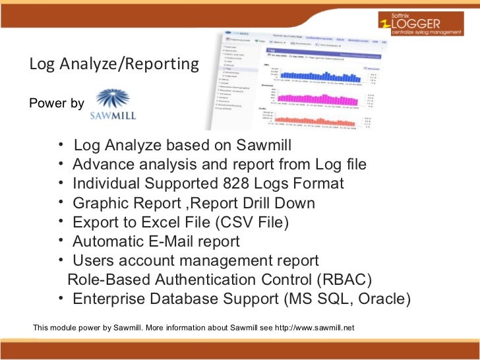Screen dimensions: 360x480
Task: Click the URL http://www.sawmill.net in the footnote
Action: (x=310, y=327)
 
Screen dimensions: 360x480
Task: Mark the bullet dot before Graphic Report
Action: (x=61, y=202)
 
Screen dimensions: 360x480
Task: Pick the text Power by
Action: (x=57, y=104)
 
